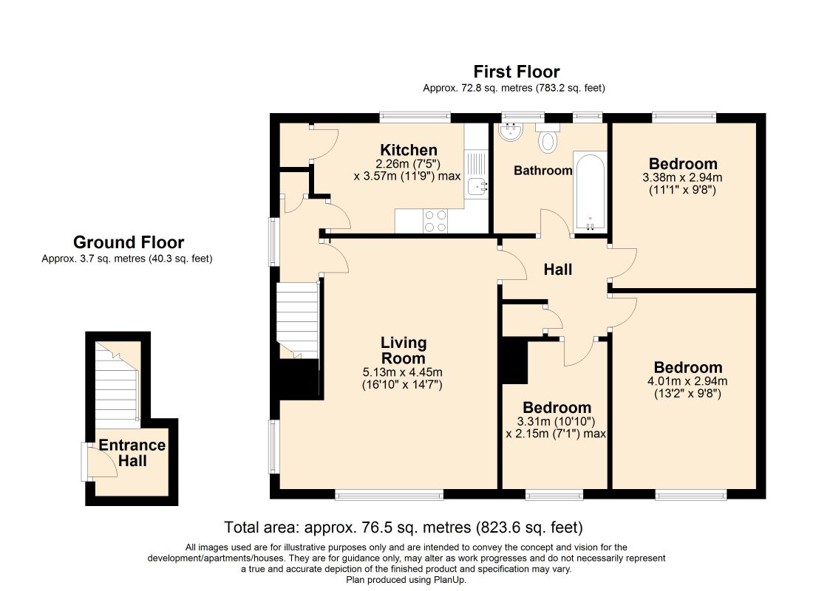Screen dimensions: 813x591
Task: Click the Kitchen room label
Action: [409, 151]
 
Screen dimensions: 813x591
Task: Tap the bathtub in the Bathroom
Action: [590, 191]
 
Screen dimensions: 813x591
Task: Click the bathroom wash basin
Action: [511, 131]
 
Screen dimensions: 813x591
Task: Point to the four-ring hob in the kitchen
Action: [435, 221]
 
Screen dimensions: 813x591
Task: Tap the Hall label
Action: [558, 270]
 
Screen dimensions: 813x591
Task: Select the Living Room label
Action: [404, 350]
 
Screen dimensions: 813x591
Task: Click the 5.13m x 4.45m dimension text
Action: [403, 372]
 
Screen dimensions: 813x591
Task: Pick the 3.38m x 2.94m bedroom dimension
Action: [682, 177]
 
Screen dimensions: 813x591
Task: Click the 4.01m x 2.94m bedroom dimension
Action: [687, 381]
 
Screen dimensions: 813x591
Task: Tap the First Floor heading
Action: [517, 72]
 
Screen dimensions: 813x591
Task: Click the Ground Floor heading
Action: [129, 242]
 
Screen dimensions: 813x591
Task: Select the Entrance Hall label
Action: [132, 453]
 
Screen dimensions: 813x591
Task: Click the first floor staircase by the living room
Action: [297, 321]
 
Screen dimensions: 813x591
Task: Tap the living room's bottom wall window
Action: [389, 495]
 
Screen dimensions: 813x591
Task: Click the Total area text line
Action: [404, 527]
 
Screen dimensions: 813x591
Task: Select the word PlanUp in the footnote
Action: [449, 580]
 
